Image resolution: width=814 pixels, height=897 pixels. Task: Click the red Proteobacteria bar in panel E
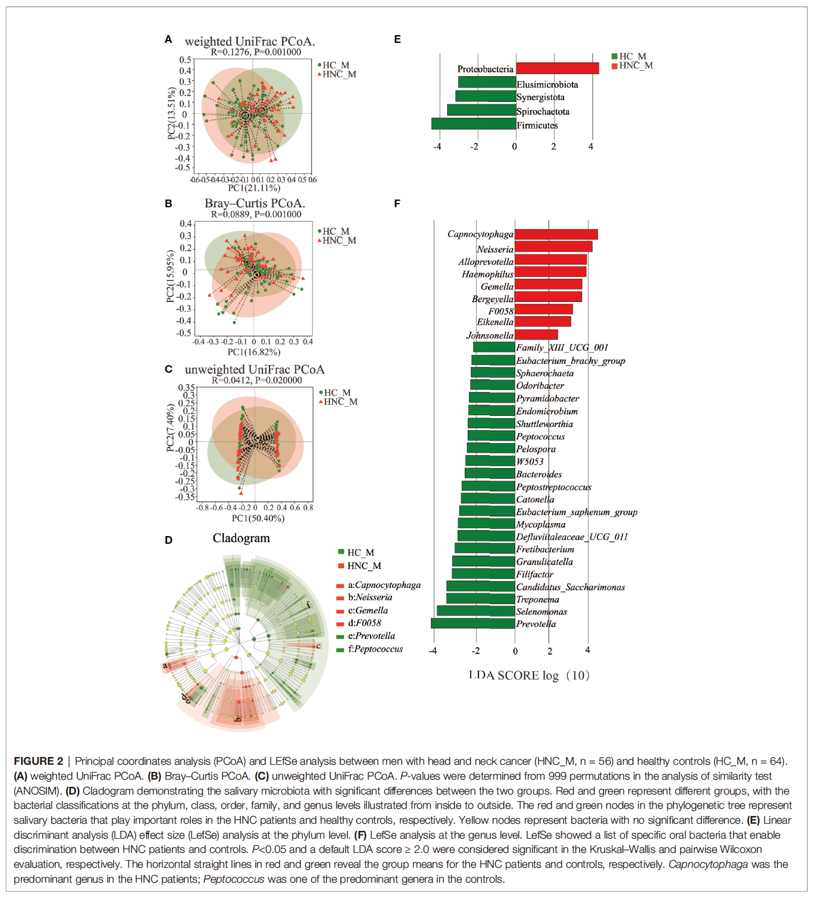[x=557, y=68]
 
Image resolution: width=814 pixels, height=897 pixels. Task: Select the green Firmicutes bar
[x=474, y=124]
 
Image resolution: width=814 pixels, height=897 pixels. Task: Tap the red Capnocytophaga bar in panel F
[x=556, y=235]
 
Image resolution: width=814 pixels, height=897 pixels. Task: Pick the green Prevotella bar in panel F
[x=473, y=624]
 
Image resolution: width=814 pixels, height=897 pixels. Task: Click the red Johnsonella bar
[x=536, y=335]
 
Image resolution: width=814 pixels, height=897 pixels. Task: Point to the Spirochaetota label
[x=543, y=111]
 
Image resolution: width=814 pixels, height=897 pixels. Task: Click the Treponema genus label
[x=537, y=599]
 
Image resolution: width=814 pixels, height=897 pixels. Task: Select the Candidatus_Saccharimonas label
[x=570, y=587]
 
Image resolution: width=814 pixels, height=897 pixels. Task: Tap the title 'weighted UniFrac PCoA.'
[x=250, y=41]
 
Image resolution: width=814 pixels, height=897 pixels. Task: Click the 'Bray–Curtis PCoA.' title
[x=255, y=203]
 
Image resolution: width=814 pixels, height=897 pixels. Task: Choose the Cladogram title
[x=241, y=538]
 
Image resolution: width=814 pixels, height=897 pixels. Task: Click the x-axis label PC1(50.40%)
[x=258, y=518]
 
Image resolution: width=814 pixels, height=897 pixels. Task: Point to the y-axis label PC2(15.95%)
[x=170, y=276]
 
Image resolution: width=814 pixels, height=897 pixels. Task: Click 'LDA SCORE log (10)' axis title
[x=529, y=675]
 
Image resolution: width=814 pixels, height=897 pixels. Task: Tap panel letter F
[x=397, y=204]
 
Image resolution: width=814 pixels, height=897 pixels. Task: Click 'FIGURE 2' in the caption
[x=39, y=761]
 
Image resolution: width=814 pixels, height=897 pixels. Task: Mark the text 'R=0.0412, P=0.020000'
[x=257, y=380]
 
